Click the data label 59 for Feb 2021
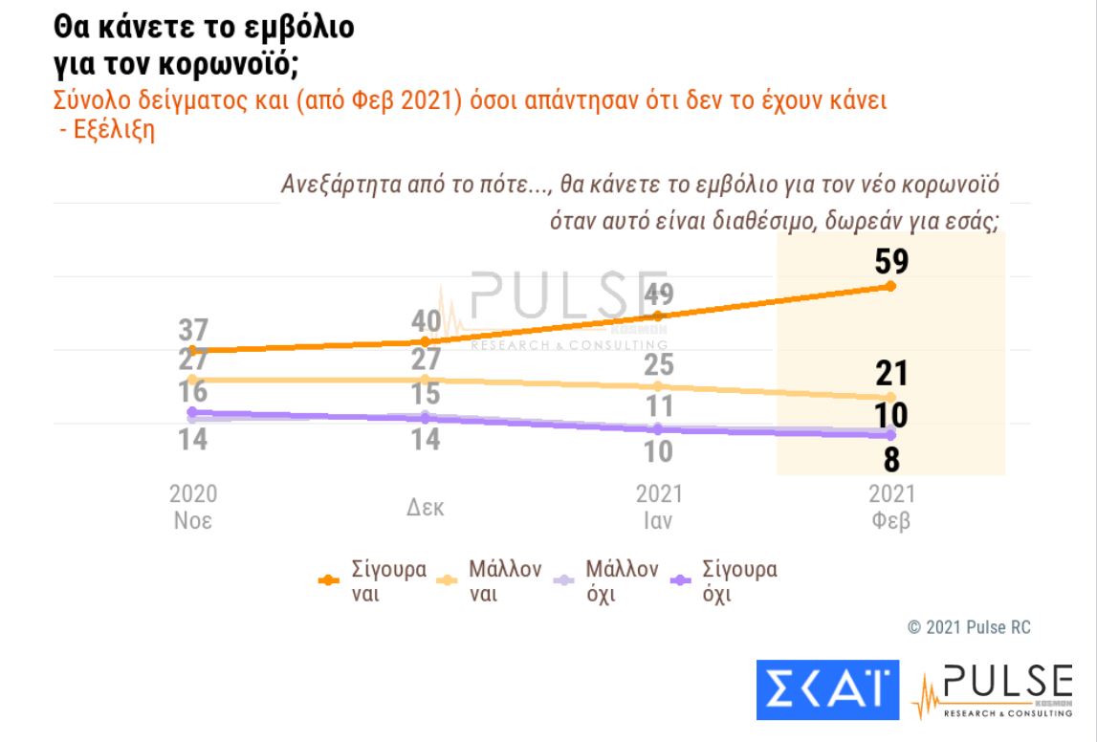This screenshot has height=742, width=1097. pyautogui.click(x=890, y=262)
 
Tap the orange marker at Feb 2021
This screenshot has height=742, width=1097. pyautogui.click(x=890, y=286)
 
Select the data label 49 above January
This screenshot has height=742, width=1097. pyautogui.click(x=658, y=294)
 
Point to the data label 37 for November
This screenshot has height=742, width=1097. pyautogui.click(x=193, y=330)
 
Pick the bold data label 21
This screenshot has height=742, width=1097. pyautogui.click(x=890, y=374)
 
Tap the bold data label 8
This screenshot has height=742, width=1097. pyautogui.click(x=890, y=460)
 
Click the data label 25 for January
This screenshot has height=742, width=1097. pyautogui.click(x=658, y=365)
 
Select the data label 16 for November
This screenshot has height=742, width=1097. pyautogui.click(x=193, y=392)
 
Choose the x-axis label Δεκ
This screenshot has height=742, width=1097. pyautogui.click(x=426, y=508)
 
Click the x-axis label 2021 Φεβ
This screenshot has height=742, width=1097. pyautogui.click(x=890, y=508)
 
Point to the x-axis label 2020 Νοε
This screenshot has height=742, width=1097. pyautogui.click(x=193, y=508)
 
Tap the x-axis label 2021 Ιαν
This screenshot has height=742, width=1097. pyautogui.click(x=659, y=508)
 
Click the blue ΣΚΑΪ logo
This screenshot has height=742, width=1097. pyautogui.click(x=828, y=687)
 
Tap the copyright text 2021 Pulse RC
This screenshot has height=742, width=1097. pyautogui.click(x=969, y=627)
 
